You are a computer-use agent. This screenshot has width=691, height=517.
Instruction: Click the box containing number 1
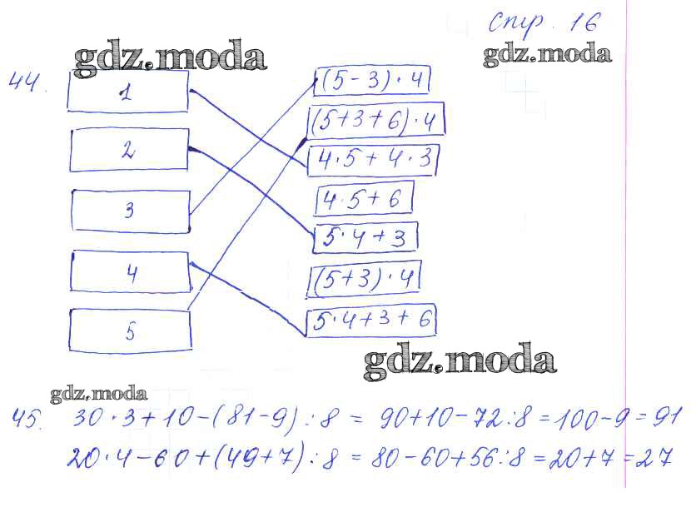pyautogui.click(x=128, y=92)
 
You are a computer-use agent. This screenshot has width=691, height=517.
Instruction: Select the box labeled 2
pyautogui.click(x=129, y=150)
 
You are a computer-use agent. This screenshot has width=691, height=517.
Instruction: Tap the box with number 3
pyautogui.click(x=131, y=211)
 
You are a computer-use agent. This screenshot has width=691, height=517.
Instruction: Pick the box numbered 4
pyautogui.click(x=131, y=271)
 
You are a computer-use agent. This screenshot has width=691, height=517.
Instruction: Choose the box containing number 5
pyautogui.click(x=130, y=331)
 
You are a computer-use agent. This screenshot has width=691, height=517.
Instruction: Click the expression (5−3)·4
pyautogui.click(x=372, y=81)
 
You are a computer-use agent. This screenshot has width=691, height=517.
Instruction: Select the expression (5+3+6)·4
pyautogui.click(x=376, y=120)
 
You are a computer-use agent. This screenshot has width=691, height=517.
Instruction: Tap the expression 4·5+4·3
pyautogui.click(x=372, y=160)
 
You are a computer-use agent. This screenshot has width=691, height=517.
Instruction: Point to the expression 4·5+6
pyautogui.click(x=364, y=199)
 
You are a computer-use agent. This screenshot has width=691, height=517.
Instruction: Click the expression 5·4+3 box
pyautogui.click(x=365, y=238)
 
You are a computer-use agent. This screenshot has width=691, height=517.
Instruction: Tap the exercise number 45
pyautogui.click(x=27, y=419)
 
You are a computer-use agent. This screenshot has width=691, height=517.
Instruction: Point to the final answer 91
pyautogui.click(x=667, y=417)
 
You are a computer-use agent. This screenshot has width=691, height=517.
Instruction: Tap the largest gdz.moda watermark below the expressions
pyautogui.click(x=460, y=360)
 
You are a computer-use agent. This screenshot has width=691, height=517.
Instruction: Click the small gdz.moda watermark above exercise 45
pyautogui.click(x=99, y=394)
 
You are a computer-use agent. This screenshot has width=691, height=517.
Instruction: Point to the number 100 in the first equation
pyautogui.click(x=577, y=418)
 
